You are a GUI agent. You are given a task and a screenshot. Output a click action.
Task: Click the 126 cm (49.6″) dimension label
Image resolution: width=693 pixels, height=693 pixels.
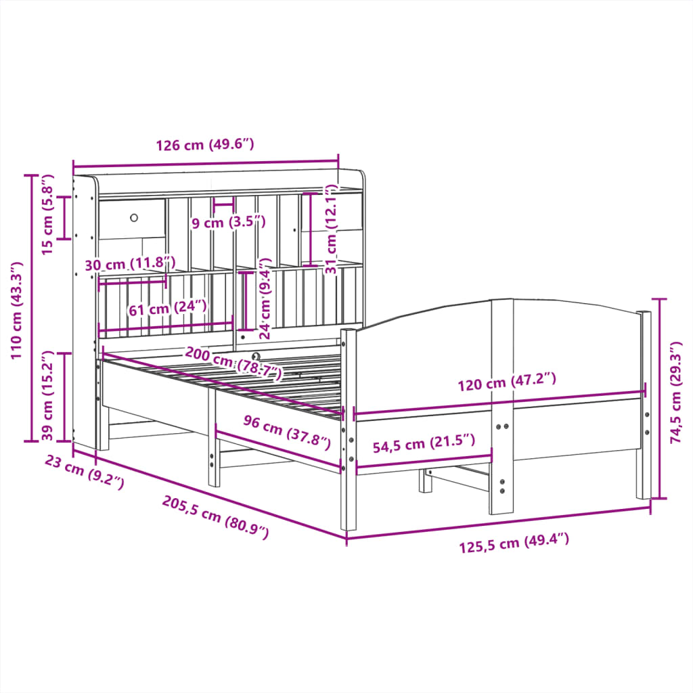[x=204, y=145]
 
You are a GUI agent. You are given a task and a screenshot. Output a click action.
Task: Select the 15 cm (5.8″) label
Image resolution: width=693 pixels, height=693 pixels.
[x=47, y=215]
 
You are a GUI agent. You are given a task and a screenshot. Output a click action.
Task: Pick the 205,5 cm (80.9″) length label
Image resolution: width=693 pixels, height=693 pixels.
[x=215, y=517]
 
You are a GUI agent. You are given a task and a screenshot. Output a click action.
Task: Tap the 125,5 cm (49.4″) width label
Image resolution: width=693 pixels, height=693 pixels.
[x=514, y=543]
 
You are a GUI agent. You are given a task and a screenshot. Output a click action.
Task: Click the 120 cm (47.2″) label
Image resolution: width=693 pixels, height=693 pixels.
[x=506, y=383]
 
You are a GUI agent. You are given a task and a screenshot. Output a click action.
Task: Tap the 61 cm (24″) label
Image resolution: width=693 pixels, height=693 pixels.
[x=167, y=308]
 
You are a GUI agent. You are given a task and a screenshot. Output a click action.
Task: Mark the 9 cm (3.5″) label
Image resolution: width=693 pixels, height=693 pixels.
[x=228, y=222]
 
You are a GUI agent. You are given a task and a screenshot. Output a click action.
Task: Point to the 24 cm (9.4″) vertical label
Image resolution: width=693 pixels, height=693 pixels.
[x=265, y=298]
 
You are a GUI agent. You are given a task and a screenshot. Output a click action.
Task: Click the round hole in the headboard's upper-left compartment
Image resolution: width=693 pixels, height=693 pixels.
[x=134, y=217]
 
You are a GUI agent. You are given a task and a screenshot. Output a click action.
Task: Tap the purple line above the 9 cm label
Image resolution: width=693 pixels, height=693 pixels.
[x=223, y=202]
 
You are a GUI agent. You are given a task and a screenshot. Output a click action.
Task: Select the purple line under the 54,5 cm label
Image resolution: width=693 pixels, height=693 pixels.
[x=424, y=464]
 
